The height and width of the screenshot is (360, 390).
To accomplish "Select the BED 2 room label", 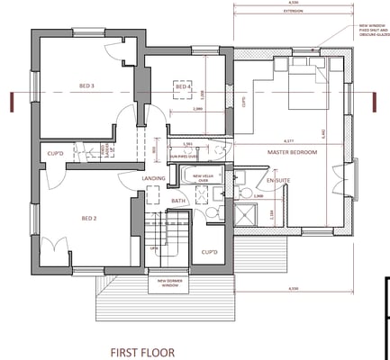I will tap(89, 219).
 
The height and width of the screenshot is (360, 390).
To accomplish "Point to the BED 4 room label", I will tap(183, 86).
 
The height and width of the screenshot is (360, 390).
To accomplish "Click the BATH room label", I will tap(178, 201).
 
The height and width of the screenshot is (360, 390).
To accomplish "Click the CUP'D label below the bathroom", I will tap(210, 252).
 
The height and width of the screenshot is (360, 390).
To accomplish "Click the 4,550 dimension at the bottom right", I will tap(290, 287).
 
